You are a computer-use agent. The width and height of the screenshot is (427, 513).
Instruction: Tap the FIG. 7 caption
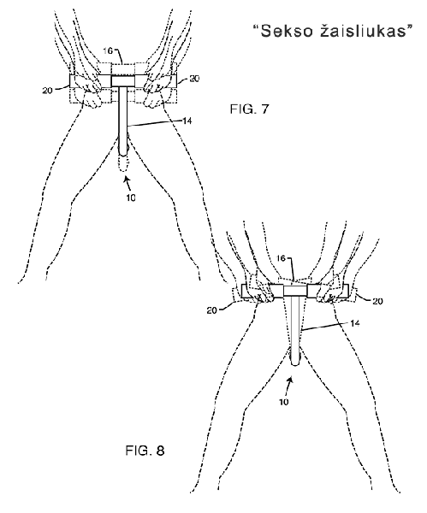pyautogui.click(x=249, y=109)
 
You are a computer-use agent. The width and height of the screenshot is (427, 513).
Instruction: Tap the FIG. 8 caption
pyautogui.click(x=145, y=451)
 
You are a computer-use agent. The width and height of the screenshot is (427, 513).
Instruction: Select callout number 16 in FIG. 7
pyautogui.click(x=108, y=51)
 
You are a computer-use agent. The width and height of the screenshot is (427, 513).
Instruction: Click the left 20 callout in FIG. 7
pyautogui.click(x=47, y=91)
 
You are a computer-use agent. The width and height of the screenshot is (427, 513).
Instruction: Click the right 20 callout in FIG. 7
pyautogui.click(x=194, y=79)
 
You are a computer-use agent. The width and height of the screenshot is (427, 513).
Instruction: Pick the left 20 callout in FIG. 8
pyautogui.click(x=212, y=310)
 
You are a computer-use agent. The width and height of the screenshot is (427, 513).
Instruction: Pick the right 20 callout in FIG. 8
pyautogui.click(x=377, y=301)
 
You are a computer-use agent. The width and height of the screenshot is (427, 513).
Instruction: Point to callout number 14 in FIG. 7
pyautogui.click(x=187, y=121)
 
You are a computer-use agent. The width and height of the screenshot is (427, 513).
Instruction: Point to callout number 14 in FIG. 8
pyautogui.click(x=354, y=323)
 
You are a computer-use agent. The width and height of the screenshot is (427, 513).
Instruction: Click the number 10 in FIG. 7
pyautogui.click(x=131, y=198)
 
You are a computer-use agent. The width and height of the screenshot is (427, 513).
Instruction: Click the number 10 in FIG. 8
pyautogui.click(x=284, y=402)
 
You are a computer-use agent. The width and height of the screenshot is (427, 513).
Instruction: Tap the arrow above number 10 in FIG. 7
pyautogui.click(x=128, y=183)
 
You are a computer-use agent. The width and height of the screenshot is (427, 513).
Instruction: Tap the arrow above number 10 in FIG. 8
pyautogui.click(x=289, y=386)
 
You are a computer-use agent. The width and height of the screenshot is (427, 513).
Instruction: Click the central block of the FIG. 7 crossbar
pyautogui.click(x=123, y=81)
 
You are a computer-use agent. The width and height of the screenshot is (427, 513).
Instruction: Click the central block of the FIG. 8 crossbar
pyautogui.click(x=295, y=291)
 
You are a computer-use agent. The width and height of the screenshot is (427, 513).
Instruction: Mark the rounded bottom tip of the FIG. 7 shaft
pyautogui.click(x=123, y=153)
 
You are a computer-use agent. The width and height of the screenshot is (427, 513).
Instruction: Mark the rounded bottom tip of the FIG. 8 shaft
pyautogui.click(x=295, y=363)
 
